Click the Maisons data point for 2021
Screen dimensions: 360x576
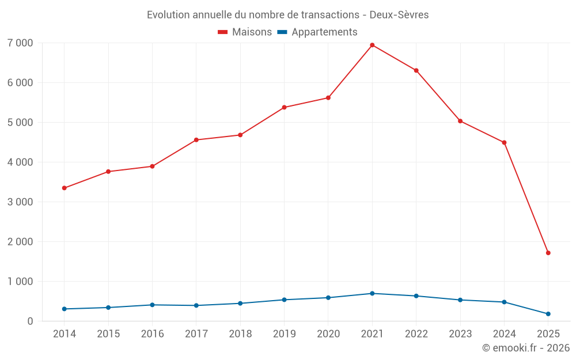pyautogui.click(x=372, y=45)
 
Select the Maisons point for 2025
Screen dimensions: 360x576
pyautogui.click(x=548, y=253)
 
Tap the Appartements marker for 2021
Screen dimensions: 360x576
pyautogui.click(x=372, y=294)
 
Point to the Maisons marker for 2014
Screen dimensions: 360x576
pyautogui.click(x=65, y=188)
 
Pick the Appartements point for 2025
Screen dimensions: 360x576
pyautogui.click(x=548, y=314)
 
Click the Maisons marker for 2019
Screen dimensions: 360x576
pyautogui.click(x=285, y=108)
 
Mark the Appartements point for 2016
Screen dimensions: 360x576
pyautogui.click(x=152, y=305)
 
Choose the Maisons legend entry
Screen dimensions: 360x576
pyautogui.click(x=245, y=32)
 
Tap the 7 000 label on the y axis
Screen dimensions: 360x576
pyautogui.click(x=21, y=43)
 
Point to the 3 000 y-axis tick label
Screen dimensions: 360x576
pyautogui.click(x=21, y=202)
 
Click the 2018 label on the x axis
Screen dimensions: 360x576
pyautogui.click(x=240, y=334)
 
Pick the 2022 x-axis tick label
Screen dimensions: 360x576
pyautogui.click(x=416, y=334)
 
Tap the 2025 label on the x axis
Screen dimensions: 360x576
pyautogui.click(x=548, y=334)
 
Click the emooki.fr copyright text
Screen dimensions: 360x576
pyautogui.click(x=526, y=348)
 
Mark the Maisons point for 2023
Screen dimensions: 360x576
pyautogui.click(x=460, y=121)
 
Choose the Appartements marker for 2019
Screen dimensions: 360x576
pyautogui.click(x=285, y=300)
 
